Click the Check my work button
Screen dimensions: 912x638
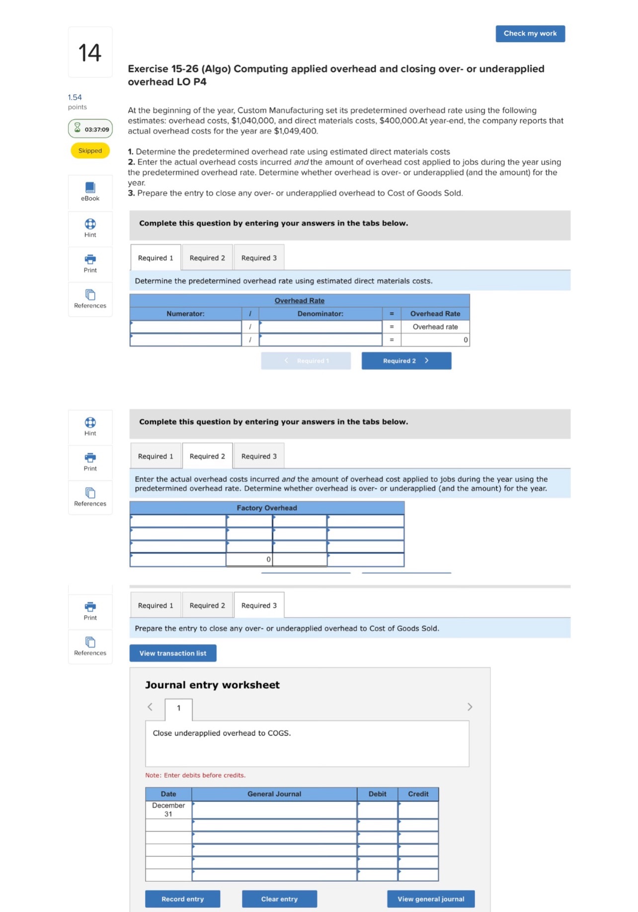point(530,34)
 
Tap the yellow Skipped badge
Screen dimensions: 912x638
point(90,151)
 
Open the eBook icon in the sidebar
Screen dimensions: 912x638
point(90,191)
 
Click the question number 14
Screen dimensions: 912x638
point(90,53)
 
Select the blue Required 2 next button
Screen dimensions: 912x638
point(406,361)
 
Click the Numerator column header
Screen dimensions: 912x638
point(185,314)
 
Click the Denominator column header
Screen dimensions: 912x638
point(320,314)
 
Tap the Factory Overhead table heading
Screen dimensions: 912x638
point(266,508)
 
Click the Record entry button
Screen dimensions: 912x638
point(182,899)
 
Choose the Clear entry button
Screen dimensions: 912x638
point(279,899)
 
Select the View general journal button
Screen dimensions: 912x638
point(430,899)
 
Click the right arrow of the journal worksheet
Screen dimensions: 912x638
point(470,707)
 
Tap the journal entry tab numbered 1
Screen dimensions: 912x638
point(178,708)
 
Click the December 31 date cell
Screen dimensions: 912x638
point(168,810)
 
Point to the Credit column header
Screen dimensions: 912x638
point(418,794)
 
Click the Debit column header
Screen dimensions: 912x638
point(377,794)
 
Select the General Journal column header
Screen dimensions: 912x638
point(274,794)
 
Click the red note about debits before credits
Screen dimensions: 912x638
point(195,775)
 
